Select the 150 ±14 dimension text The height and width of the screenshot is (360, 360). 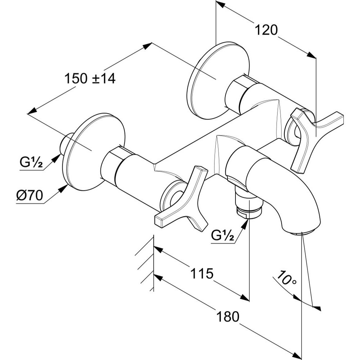(90, 78)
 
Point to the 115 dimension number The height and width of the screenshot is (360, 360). (202, 273)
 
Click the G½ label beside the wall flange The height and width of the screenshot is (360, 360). (31, 163)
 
